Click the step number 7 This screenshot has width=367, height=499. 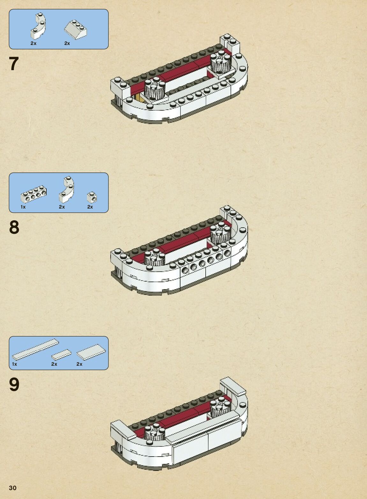pos(14,64)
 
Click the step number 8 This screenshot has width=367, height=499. pos(14,227)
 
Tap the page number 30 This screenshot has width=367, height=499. pos(13,488)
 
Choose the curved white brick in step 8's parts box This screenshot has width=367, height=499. pos(67,189)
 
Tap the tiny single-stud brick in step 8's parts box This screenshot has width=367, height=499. pos(92,197)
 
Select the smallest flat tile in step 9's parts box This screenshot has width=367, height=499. pos(61,354)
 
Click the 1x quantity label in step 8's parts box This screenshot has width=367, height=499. pos(23,207)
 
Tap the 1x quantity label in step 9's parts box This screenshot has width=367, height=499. pos(15,364)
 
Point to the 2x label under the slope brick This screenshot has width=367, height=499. pos(67,43)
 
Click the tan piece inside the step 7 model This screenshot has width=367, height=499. pos(140,97)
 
